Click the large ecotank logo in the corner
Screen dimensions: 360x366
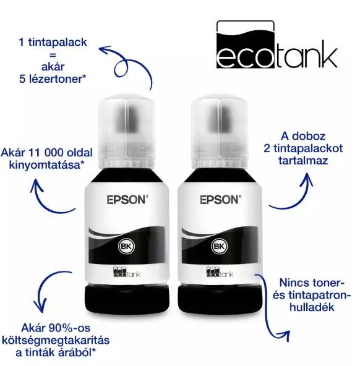(x=277, y=45)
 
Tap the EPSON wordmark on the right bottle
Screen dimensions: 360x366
(x=220, y=200)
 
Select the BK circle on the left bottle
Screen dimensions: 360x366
(x=126, y=246)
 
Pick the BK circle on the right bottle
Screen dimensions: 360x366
(x=219, y=246)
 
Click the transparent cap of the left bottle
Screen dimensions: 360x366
(x=126, y=131)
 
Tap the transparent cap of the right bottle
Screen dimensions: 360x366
(x=219, y=131)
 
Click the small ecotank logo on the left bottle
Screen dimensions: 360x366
(x=127, y=271)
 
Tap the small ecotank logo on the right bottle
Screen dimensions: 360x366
(x=220, y=271)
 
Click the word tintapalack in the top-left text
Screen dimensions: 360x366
(x=58, y=43)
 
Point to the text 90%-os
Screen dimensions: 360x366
(x=69, y=328)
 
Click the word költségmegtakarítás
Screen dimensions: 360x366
(x=56, y=341)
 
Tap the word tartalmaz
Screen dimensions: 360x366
(x=303, y=161)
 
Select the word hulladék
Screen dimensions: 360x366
(x=312, y=307)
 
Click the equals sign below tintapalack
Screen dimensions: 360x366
(x=53, y=55)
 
